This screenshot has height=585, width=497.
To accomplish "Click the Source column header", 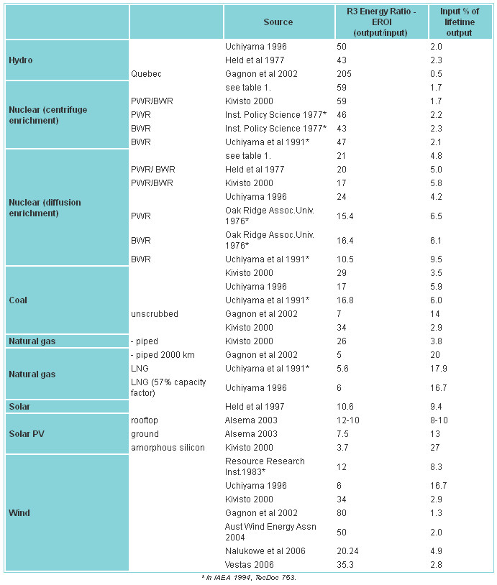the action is [278, 22].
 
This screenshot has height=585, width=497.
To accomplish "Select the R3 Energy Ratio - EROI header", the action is [381, 22].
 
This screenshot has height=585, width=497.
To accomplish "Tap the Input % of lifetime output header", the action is [460, 22].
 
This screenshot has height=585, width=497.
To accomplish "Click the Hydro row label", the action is [21, 60].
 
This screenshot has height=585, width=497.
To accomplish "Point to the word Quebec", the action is [146, 74].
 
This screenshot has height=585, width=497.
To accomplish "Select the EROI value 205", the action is [344, 74].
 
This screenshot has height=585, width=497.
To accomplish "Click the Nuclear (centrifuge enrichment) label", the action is [47, 115].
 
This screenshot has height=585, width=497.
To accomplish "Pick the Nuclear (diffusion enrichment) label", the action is [45, 208].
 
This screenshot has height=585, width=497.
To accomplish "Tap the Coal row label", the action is [18, 300].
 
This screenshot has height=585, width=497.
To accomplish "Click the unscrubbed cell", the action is [154, 314].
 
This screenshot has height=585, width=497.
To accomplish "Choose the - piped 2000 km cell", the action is [163, 355].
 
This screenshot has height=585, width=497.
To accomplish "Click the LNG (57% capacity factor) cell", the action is [168, 387].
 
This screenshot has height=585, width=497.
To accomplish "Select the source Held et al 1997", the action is [255, 406].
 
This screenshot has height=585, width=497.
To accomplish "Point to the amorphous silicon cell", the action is [168, 447].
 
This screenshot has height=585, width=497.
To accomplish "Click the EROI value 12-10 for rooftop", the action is [348, 420].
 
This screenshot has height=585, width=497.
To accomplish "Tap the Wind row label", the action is [19, 513].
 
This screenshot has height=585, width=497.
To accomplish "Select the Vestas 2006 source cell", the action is [249, 564].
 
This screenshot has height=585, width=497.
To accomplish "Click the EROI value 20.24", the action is [345, 551].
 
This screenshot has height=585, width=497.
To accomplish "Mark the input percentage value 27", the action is [435, 447].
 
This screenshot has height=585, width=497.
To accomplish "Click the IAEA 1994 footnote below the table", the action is [249, 578].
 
